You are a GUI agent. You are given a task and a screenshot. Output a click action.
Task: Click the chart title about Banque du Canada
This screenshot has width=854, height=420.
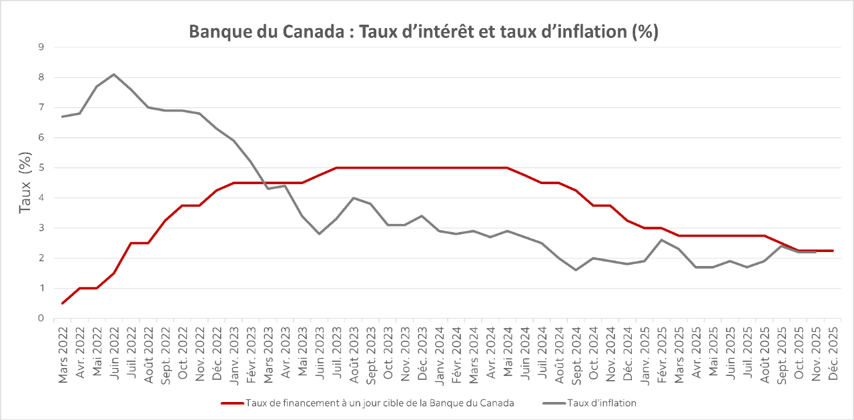pos(424,32)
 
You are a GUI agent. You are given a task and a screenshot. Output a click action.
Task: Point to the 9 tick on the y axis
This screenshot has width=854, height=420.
pos(41,47)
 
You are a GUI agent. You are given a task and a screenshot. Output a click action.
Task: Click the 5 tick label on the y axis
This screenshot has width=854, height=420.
pos(41,168)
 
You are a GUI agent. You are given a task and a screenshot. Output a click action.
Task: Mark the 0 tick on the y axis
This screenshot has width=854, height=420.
pos(41,319)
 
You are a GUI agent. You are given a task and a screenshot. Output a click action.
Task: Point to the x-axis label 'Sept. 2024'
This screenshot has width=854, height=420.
pos(575,353)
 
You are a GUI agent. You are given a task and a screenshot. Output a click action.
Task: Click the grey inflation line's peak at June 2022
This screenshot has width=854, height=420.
pos(114,74)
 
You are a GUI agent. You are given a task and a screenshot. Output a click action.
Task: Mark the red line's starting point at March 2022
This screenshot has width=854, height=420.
pos(63,303)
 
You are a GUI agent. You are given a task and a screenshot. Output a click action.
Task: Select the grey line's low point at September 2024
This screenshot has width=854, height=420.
pos(575,270)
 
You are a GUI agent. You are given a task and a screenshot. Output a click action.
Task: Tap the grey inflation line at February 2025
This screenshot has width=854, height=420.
pos(661,240)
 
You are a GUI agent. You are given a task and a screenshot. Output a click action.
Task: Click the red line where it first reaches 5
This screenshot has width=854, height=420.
pos(336,168)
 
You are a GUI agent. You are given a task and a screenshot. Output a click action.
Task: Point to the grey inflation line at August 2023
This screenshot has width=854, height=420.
pos(354,198)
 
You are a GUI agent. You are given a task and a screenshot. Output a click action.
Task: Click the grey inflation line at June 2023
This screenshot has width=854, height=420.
pos(319,234)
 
